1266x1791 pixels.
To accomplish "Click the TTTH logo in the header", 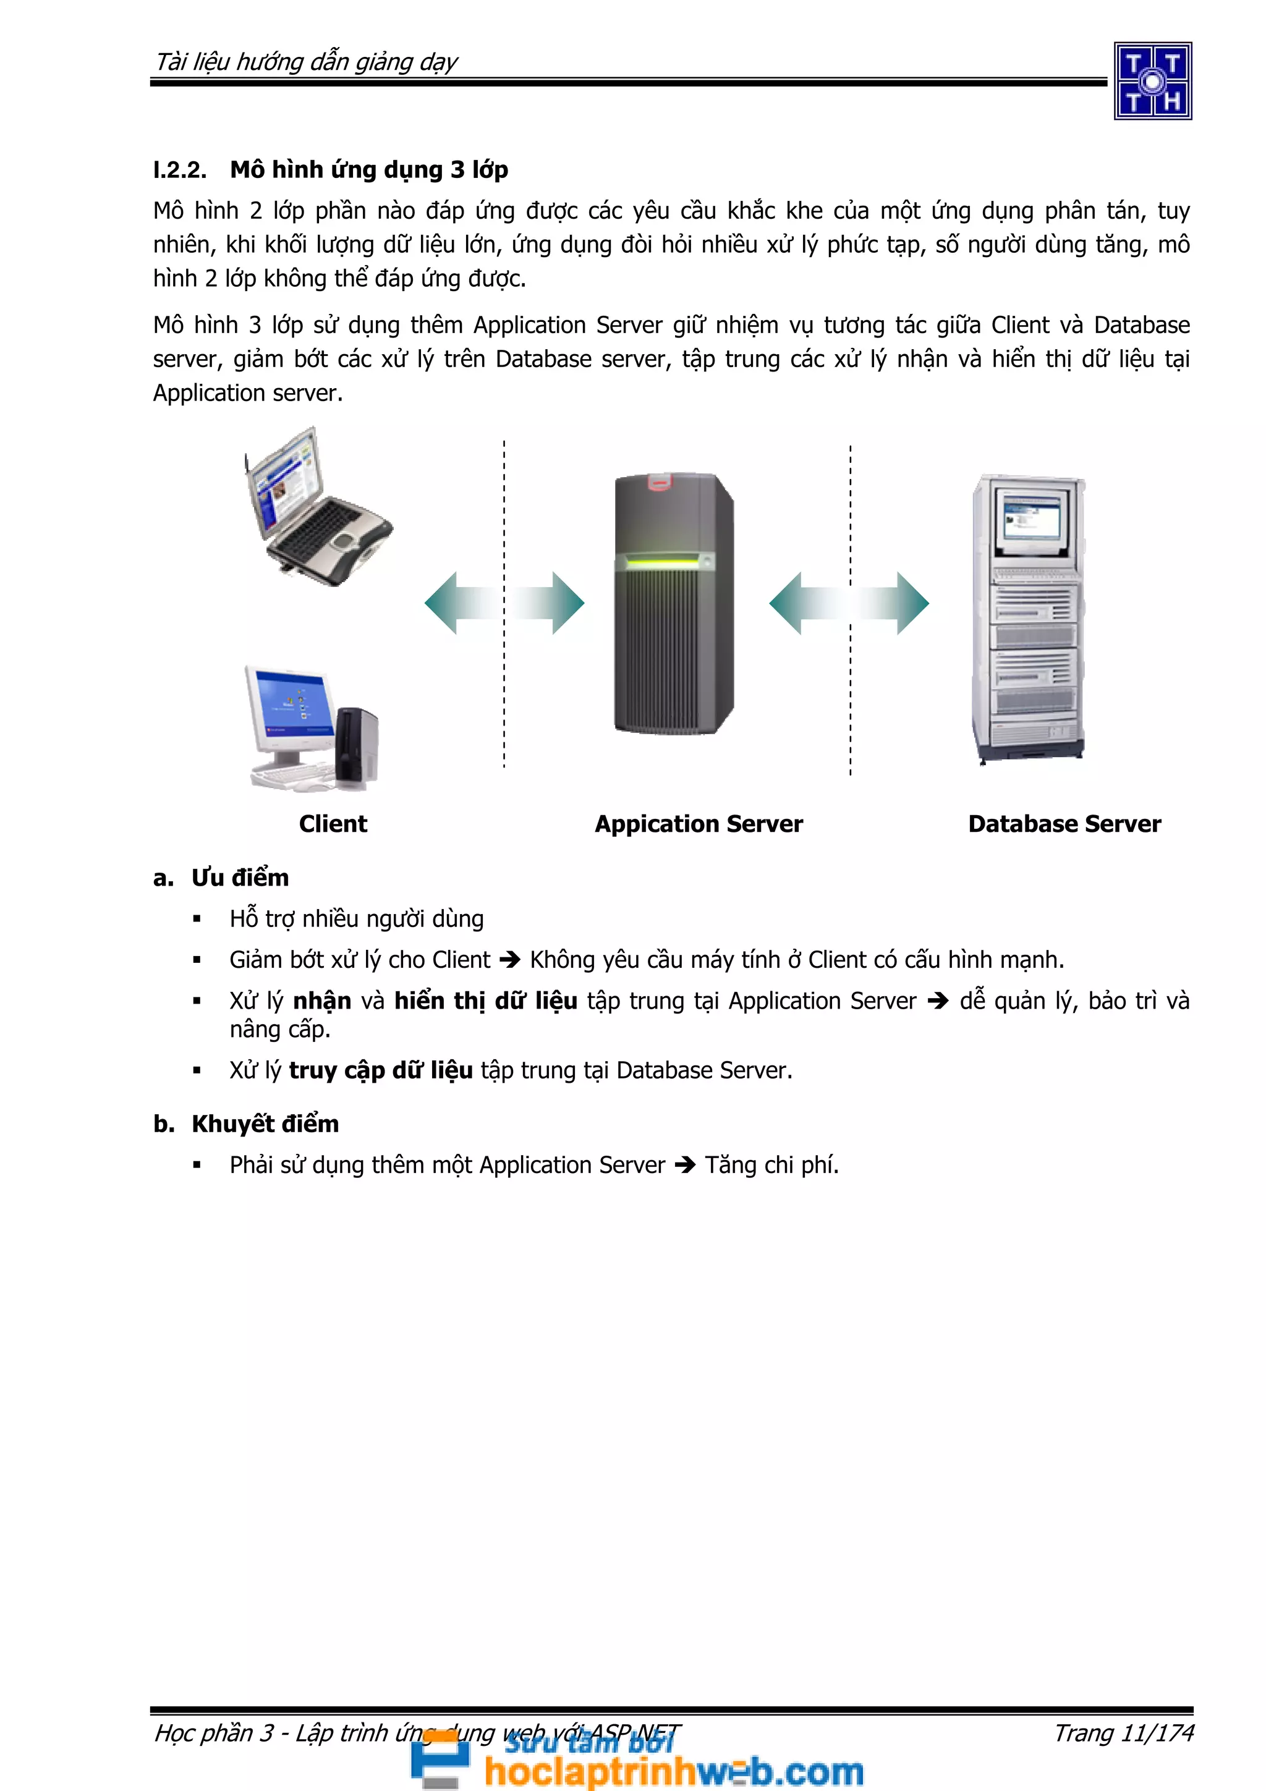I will [1152, 81].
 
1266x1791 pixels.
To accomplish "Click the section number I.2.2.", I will [179, 170].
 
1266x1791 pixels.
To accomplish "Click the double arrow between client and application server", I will [504, 603].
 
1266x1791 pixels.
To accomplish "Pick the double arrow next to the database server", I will [849, 603].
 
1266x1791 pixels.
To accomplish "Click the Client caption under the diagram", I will [333, 824].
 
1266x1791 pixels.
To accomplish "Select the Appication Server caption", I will [698, 824].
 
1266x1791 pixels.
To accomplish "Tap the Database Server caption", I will [1064, 824].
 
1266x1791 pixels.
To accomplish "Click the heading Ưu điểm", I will [240, 878].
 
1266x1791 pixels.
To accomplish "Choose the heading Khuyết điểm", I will [265, 1124].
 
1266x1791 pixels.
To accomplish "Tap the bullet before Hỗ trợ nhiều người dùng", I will [197, 920].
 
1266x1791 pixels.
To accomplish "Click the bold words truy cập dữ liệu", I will [381, 1070].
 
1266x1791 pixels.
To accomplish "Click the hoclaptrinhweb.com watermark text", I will [673, 1770].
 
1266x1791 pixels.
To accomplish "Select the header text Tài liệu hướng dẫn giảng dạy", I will [307, 62].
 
